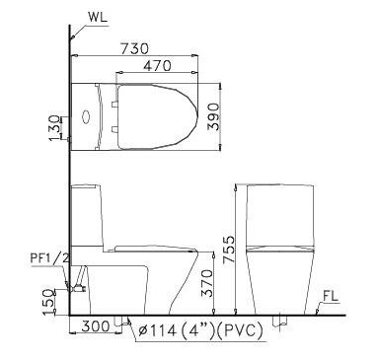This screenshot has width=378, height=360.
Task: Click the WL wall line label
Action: pos(98,17)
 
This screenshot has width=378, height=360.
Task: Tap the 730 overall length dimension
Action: pos(135,48)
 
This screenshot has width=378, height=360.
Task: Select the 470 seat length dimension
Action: pos(157,66)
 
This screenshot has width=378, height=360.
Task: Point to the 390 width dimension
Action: pos(213,116)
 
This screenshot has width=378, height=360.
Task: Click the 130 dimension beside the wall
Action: pos(54,128)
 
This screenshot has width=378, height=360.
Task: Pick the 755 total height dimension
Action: pos(229,250)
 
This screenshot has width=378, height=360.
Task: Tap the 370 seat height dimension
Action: pos(207,283)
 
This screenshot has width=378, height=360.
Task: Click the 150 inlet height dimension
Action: pos(48,302)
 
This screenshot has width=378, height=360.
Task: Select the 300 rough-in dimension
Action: pos(96,326)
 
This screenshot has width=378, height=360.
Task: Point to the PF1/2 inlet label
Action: pos(50,258)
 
